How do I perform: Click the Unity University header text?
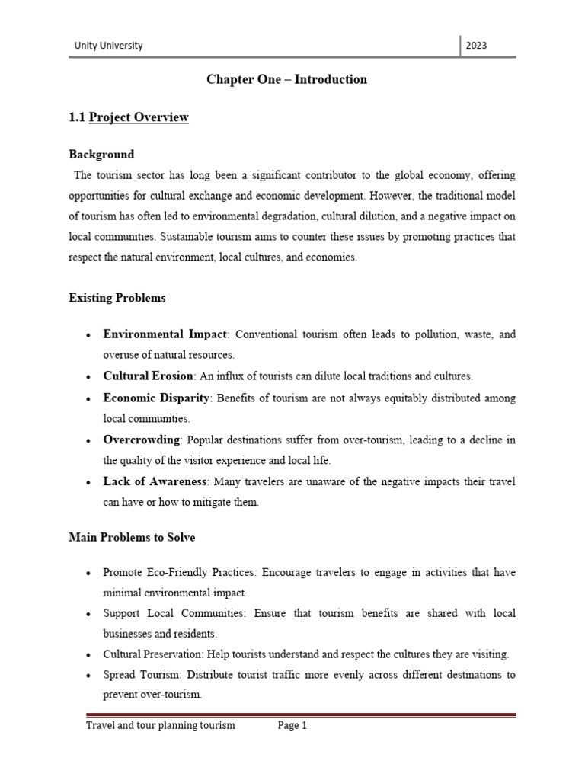point(108,46)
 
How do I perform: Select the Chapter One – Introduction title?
point(286,79)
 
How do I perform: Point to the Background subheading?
point(101,154)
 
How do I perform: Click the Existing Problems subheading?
point(117,298)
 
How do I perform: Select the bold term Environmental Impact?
point(165,334)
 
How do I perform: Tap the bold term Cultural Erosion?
point(149,376)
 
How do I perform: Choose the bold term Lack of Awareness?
point(155,481)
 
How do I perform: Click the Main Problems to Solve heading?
point(132,538)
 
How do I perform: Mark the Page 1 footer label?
point(292,726)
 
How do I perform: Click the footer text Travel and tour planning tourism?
point(160,726)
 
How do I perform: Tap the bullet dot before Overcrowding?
point(90,441)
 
